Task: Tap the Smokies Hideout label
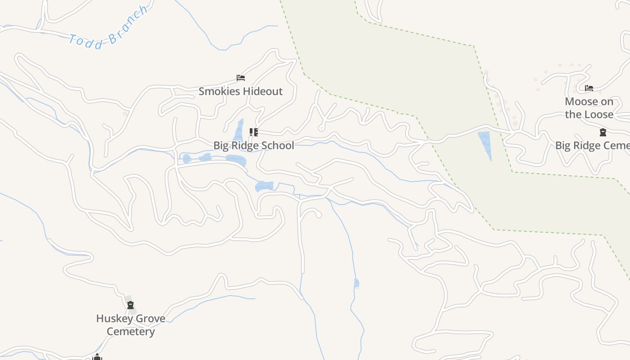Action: [241, 91]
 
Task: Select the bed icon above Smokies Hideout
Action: [241, 78]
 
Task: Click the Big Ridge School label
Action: [254, 145]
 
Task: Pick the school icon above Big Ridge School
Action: [254, 132]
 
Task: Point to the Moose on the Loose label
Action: [589, 108]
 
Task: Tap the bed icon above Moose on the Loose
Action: [589, 88]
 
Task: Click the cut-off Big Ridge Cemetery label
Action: [592, 145]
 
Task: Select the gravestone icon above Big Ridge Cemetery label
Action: [603, 132]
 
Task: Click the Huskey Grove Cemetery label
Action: [130, 325]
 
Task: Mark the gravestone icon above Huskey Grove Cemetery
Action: [130, 306]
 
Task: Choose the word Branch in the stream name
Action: [128, 21]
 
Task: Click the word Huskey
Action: [112, 319]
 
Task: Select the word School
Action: [276, 145]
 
